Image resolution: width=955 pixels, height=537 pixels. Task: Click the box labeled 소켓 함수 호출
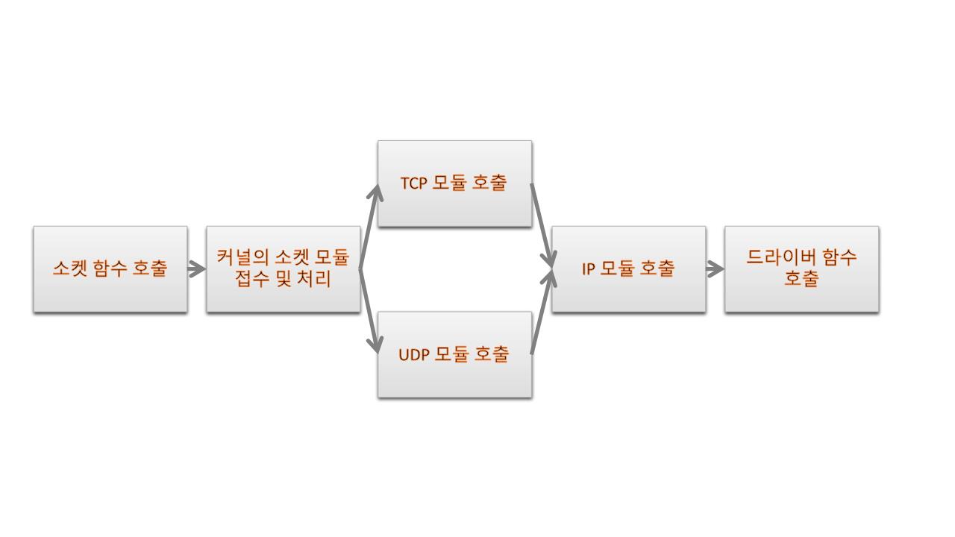(110, 269)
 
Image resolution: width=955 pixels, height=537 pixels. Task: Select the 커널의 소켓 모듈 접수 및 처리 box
(284, 269)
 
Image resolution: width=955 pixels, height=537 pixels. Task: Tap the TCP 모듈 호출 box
(454, 183)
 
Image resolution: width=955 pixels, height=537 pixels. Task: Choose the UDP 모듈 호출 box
(454, 354)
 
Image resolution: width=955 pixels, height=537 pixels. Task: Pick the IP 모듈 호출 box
(628, 269)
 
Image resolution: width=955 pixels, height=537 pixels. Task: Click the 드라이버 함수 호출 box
(801, 269)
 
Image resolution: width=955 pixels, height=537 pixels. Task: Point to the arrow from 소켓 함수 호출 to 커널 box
(197, 269)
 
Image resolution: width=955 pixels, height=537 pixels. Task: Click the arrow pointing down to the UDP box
(370, 310)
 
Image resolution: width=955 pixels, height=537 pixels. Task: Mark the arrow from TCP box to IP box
(542, 224)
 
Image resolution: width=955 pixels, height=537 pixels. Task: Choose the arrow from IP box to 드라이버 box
(715, 269)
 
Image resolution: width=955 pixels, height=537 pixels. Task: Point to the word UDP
(414, 355)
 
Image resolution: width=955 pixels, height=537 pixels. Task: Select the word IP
(588, 269)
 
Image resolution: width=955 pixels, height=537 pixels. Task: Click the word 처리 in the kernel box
(316, 280)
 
